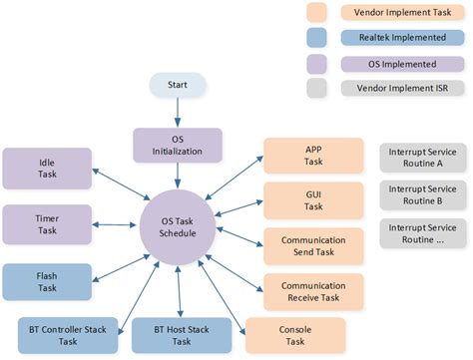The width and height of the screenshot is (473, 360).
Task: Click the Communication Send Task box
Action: point(304,246)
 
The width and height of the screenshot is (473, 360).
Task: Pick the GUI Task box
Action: point(304,199)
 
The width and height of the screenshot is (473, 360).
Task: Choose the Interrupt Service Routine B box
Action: point(421,197)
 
